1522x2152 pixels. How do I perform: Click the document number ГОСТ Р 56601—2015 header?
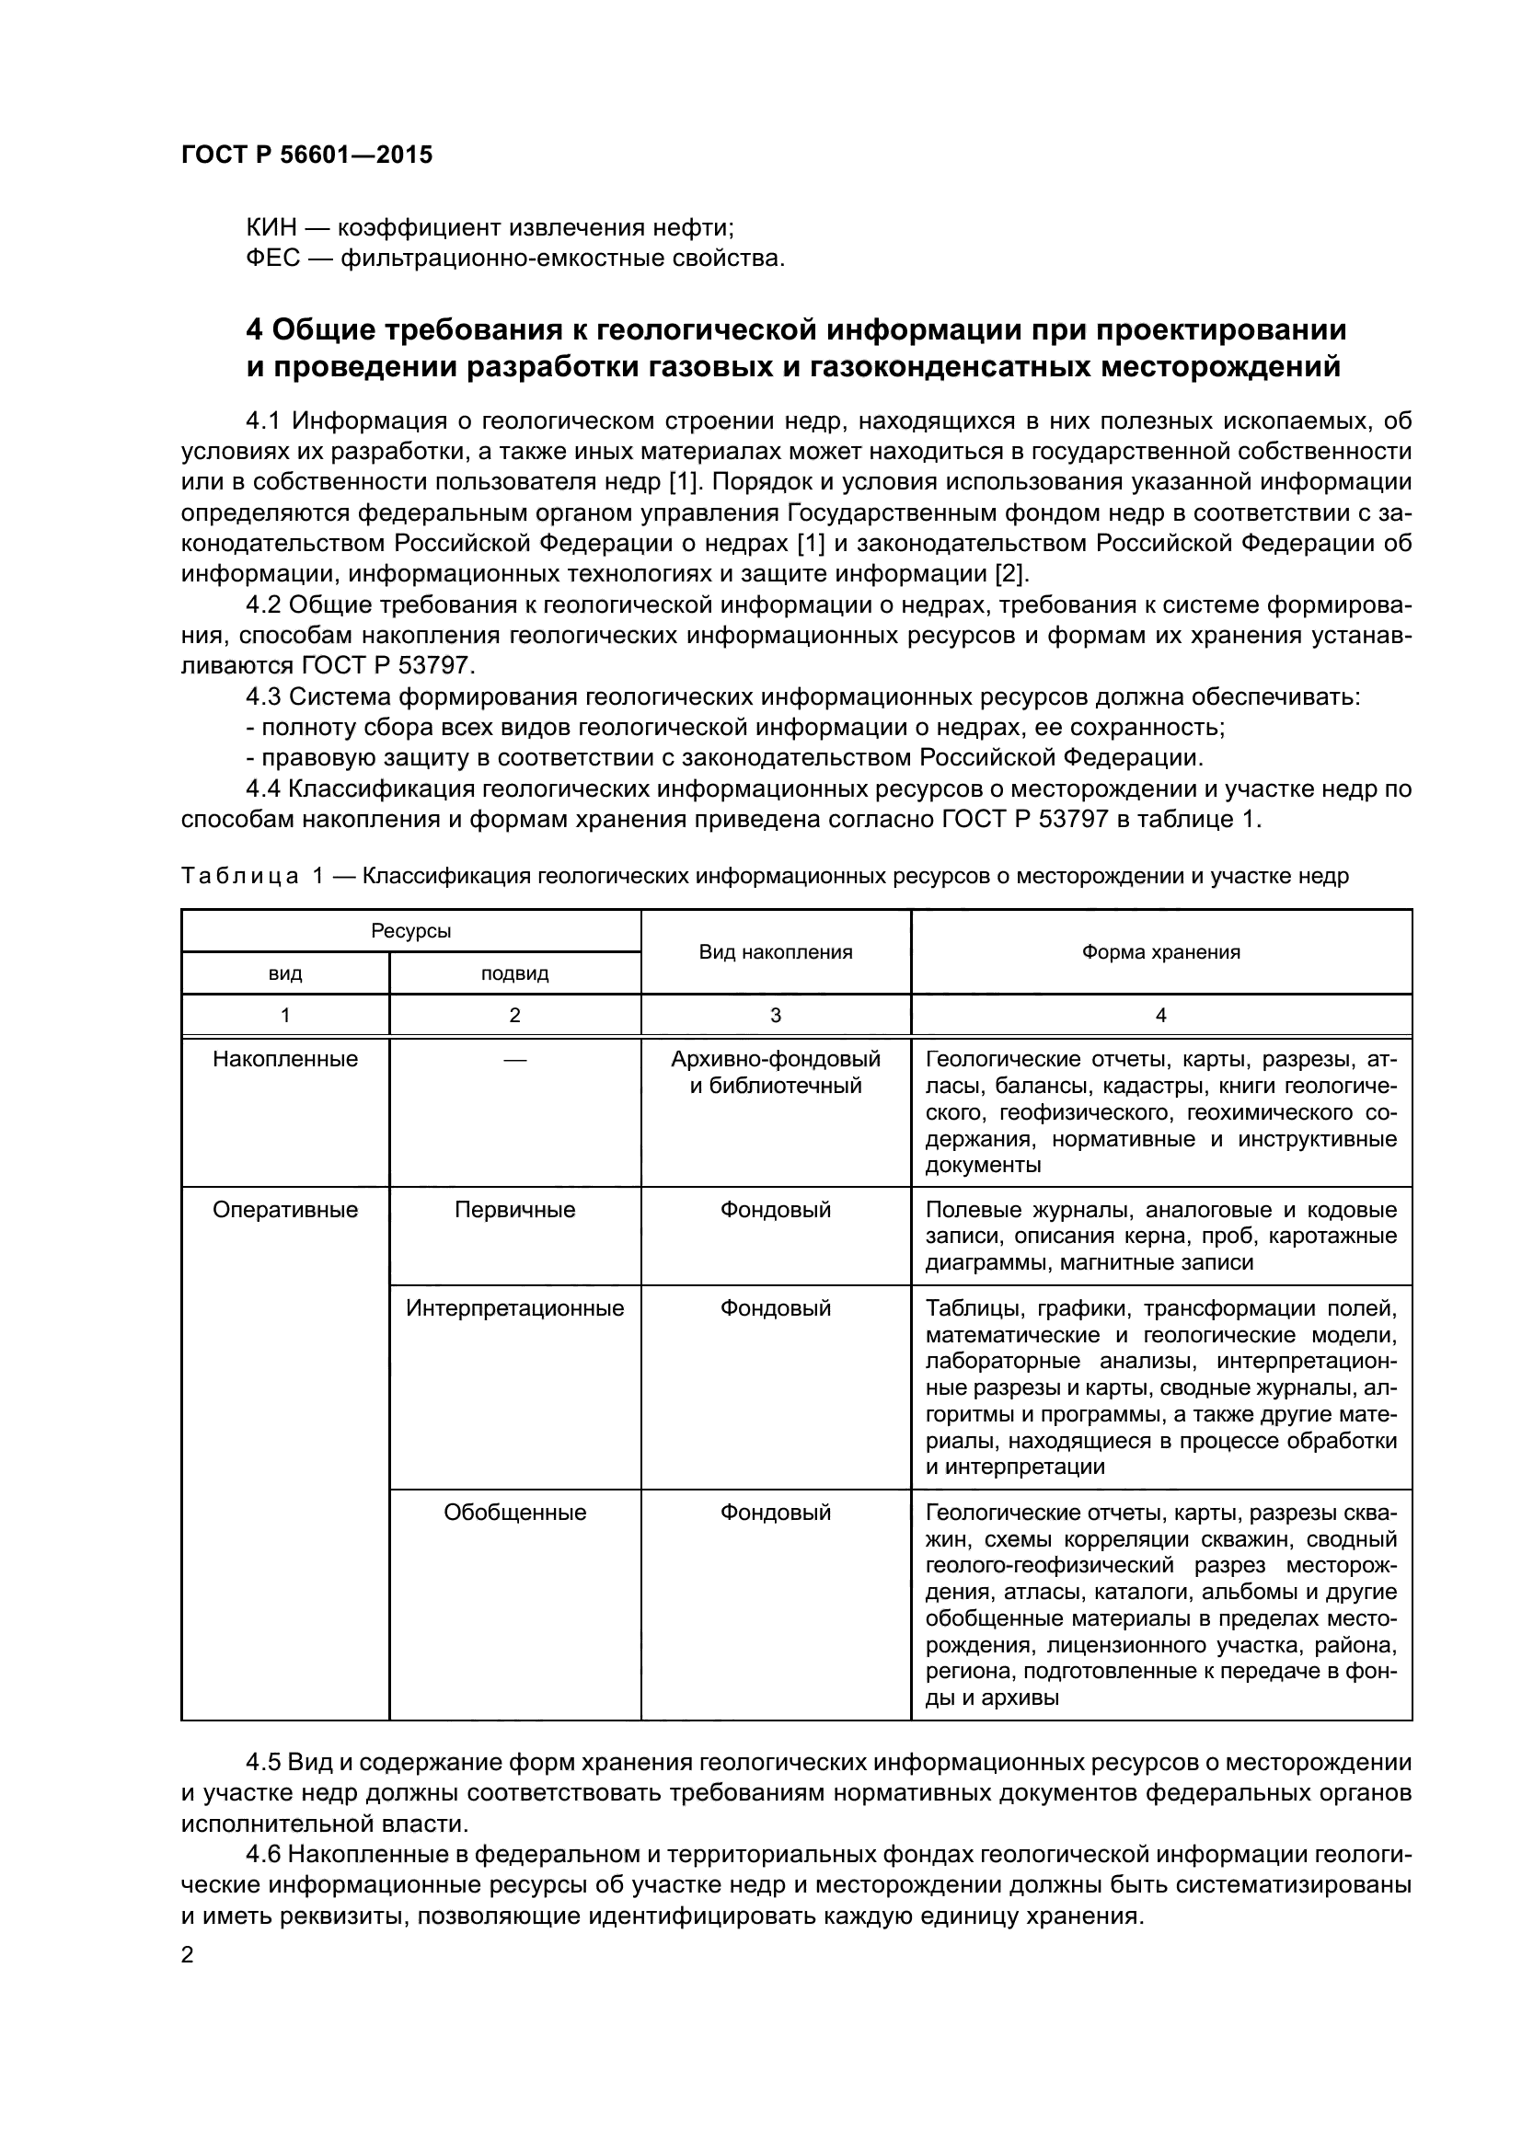306,155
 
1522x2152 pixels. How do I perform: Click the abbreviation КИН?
271,228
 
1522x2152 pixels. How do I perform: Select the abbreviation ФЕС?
272,258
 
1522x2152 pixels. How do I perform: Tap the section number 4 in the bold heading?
254,330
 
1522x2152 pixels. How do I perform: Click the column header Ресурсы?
410,931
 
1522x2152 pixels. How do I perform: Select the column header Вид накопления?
775,952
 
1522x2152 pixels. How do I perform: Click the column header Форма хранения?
1160,952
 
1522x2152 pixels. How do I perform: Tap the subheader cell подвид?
514,973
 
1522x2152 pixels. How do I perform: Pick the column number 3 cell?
775,1015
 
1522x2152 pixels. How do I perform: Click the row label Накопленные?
285,1060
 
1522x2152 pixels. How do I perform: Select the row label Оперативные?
285,1210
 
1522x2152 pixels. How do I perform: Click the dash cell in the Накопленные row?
514,1060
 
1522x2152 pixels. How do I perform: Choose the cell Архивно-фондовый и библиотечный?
775,1073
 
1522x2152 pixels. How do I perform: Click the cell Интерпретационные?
514,1308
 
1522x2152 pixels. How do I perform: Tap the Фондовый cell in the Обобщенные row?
775,1513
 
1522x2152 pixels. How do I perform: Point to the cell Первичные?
514,1210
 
